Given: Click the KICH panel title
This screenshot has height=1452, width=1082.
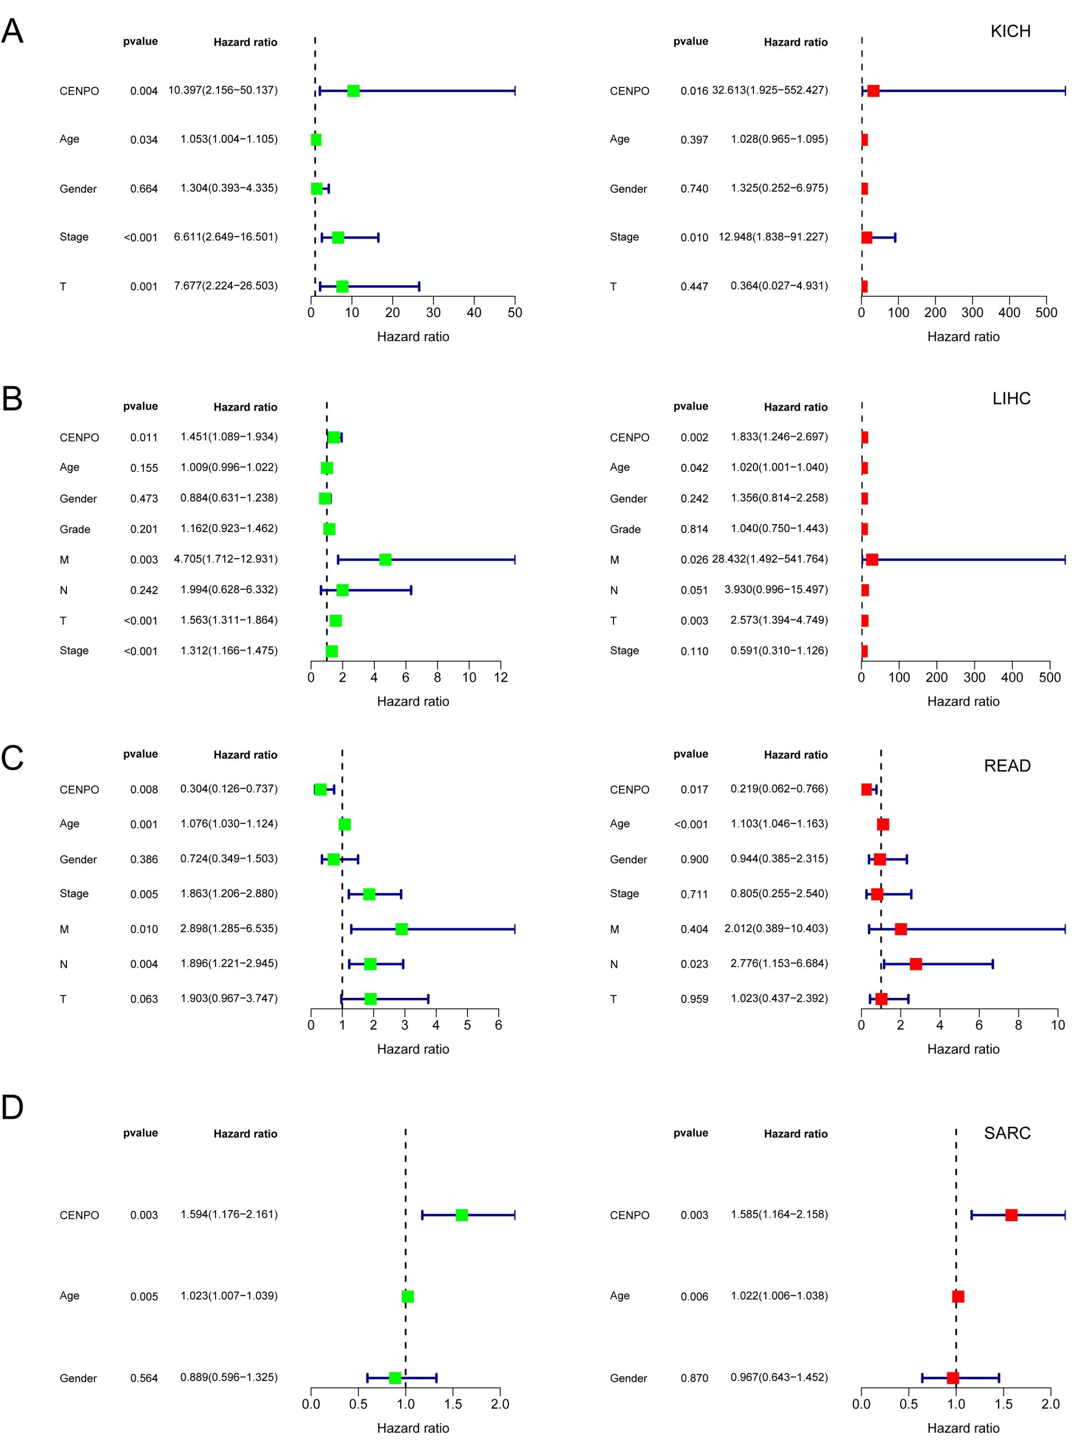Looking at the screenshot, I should [1010, 31].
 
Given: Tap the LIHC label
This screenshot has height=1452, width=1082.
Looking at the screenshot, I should [1011, 398].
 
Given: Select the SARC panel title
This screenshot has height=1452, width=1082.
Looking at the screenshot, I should [1007, 1133].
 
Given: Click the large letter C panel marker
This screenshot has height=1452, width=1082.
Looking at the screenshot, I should [12, 758].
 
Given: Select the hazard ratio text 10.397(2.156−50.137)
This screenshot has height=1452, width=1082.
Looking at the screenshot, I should [222, 90].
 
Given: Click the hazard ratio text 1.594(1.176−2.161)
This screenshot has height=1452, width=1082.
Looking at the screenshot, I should [229, 1214].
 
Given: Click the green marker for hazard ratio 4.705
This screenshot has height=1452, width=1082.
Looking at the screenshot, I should [385, 559].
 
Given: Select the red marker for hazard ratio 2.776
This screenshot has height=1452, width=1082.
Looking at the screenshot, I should [916, 964].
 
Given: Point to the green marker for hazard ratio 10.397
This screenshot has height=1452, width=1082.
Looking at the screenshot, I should [353, 90].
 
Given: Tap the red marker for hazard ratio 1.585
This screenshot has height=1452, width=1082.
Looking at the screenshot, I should [1011, 1215].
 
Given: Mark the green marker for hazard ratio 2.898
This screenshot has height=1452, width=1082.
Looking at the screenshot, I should [402, 929].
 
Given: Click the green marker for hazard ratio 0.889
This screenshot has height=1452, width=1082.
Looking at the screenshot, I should [395, 1378].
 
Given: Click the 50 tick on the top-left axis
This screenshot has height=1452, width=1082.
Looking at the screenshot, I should [515, 313].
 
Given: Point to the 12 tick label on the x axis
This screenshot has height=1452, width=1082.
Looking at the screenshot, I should [501, 678].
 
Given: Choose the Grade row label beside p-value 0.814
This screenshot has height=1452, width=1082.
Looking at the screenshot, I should [625, 529].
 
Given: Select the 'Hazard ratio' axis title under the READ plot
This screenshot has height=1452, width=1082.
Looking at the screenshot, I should [963, 1049].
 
